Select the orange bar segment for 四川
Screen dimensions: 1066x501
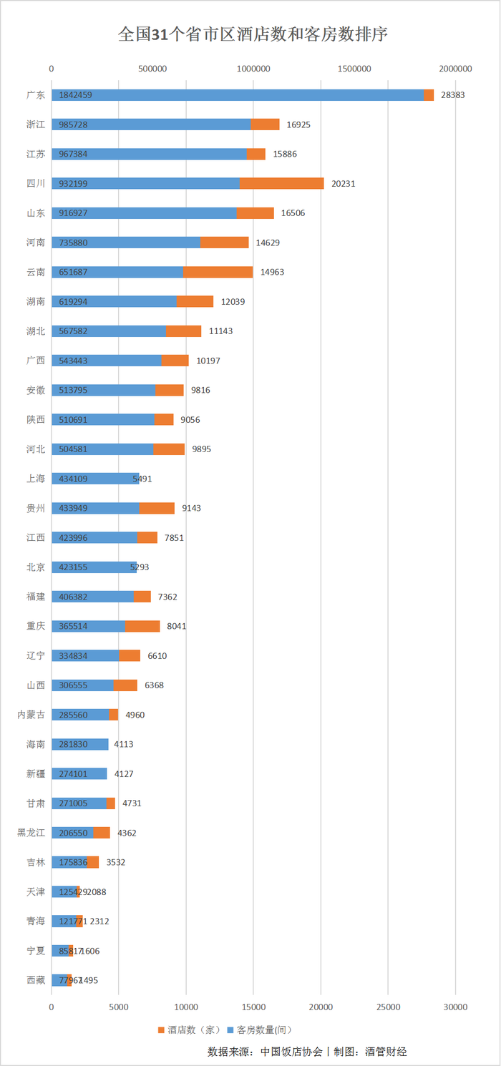(282, 183)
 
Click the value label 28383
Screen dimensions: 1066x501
(453, 95)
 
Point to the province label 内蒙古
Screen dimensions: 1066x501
(31, 715)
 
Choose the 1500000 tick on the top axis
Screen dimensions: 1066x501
(354, 69)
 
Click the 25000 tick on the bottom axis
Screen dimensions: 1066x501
(388, 1007)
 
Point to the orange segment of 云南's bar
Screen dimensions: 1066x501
(218, 272)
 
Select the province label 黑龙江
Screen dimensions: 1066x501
(31, 833)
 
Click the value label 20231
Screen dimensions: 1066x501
(344, 183)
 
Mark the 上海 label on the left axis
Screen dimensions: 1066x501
(36, 479)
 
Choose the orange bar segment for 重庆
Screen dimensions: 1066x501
(142, 626)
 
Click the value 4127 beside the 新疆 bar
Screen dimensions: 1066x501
(124, 773)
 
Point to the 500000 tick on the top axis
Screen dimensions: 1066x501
(152, 69)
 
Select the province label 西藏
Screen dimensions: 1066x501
(36, 980)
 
